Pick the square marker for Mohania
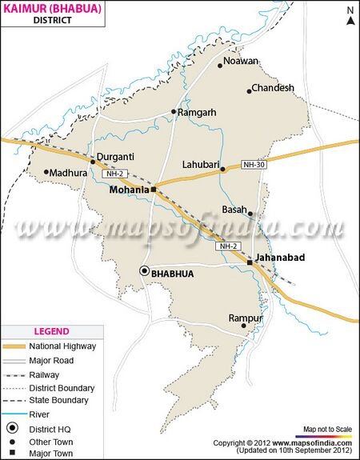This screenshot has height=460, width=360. point(154,190)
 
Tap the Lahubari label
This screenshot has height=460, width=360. point(201,162)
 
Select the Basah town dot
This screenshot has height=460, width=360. point(250,214)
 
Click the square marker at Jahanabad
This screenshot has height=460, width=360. point(250,262)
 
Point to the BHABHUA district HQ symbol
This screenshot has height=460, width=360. point(145,271)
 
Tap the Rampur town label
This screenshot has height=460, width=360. point(245,317)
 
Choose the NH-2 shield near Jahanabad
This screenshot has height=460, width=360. point(227,246)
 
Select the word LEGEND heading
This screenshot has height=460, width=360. point(51,331)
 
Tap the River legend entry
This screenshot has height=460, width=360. point(40,413)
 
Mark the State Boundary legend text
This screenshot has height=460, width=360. point(59,400)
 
